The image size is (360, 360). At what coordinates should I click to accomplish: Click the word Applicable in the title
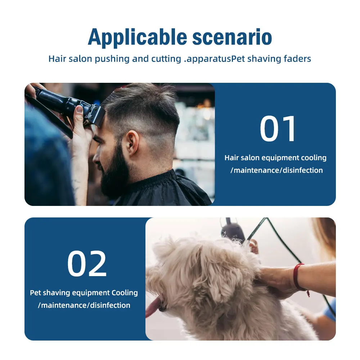point(137,37)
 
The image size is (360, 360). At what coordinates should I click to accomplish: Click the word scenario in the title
point(232,37)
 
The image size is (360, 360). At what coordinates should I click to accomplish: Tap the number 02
point(87,264)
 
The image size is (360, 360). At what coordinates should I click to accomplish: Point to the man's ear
point(132,142)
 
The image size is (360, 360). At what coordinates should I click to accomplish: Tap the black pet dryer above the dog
point(232,230)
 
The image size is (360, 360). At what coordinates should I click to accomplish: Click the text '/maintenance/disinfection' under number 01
point(276,170)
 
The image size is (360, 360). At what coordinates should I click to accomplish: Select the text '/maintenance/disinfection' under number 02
point(84,305)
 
